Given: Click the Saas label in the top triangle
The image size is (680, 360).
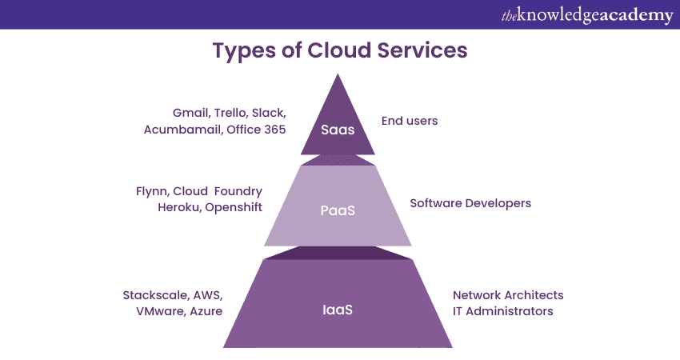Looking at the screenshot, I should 338,130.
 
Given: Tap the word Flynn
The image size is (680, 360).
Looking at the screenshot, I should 154,191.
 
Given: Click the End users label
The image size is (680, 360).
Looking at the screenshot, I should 409,121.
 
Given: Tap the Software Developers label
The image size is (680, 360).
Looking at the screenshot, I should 470,203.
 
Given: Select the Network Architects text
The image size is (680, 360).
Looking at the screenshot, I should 508,294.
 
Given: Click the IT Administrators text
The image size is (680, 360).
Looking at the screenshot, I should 502,311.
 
